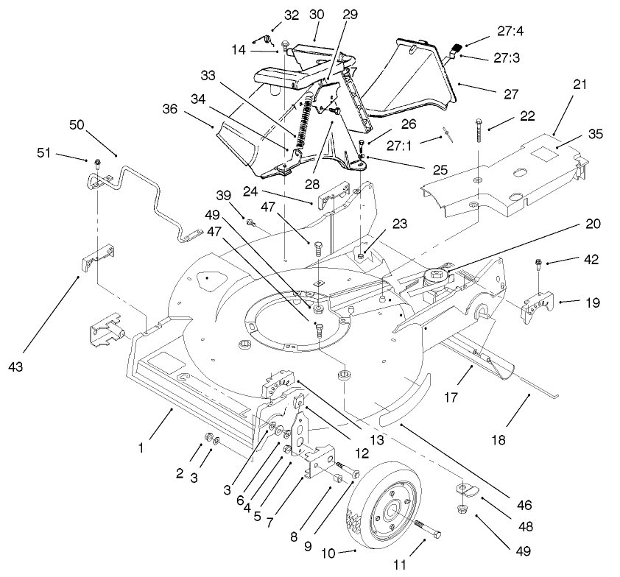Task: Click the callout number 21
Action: [580, 84]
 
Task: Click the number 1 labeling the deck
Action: [142, 445]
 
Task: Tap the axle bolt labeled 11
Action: [426, 526]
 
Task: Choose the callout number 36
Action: [171, 107]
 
